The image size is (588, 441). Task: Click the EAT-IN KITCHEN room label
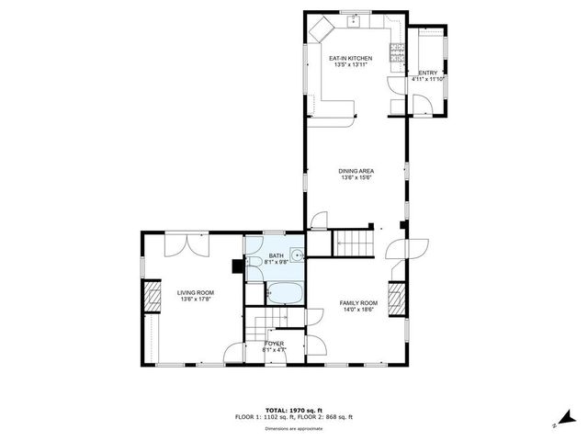(x=350, y=58)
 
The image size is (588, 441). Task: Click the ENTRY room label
(x=428, y=73)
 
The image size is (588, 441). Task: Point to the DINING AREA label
(x=356, y=170)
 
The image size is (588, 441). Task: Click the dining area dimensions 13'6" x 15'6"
(x=356, y=177)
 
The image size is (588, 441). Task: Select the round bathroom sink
(x=296, y=255)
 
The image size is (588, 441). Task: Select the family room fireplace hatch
(x=396, y=299)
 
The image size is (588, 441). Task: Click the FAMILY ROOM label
(x=358, y=303)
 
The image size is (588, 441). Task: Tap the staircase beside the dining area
(x=355, y=243)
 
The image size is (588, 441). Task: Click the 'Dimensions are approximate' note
(x=294, y=428)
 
